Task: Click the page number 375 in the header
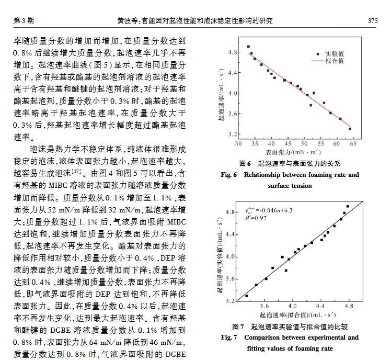(372, 21)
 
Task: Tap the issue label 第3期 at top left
(24, 21)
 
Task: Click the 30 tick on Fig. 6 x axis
(238, 143)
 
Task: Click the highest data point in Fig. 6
(248, 47)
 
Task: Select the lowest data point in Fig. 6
(350, 129)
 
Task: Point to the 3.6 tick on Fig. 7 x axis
(265, 305)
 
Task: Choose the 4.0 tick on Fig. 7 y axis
(230, 256)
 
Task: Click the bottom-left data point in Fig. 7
(247, 296)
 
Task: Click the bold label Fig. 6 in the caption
(228, 175)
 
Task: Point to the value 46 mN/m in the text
(167, 343)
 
